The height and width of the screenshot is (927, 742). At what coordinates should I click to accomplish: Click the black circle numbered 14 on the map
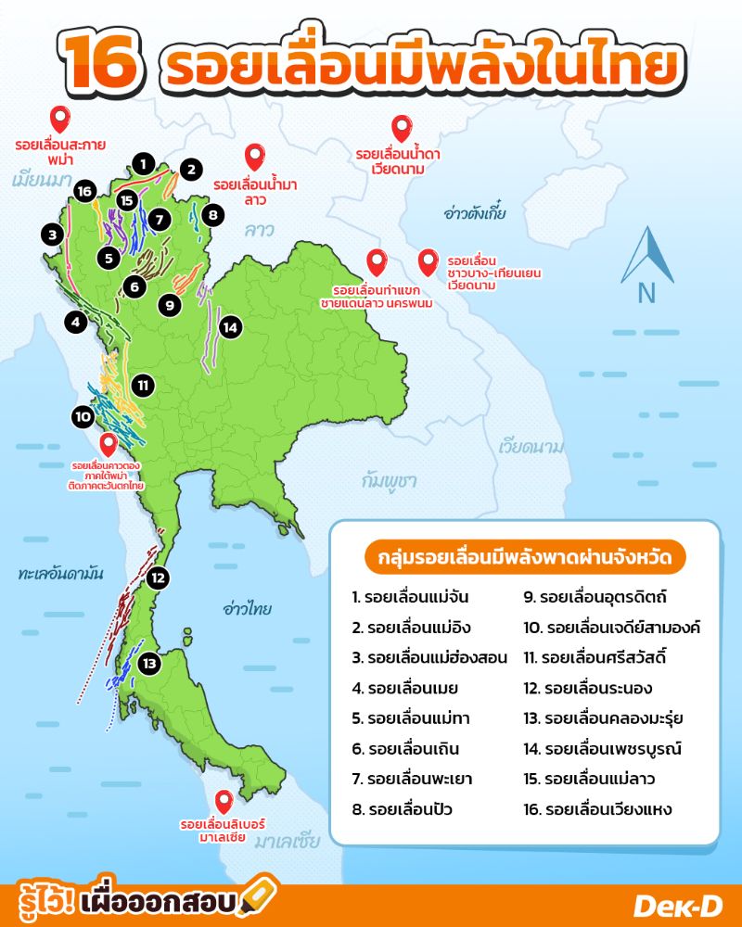(230, 326)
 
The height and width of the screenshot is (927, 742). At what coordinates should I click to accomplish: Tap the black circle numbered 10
(83, 417)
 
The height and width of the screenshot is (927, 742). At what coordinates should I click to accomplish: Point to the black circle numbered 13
(149, 664)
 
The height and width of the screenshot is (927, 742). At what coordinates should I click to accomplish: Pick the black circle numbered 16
(85, 191)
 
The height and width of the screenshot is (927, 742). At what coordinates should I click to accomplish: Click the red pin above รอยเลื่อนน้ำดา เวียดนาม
(402, 129)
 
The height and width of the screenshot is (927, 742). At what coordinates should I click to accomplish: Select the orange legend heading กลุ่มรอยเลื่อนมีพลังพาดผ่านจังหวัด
(525, 557)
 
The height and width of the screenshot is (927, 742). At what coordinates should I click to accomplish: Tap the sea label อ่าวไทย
(247, 609)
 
